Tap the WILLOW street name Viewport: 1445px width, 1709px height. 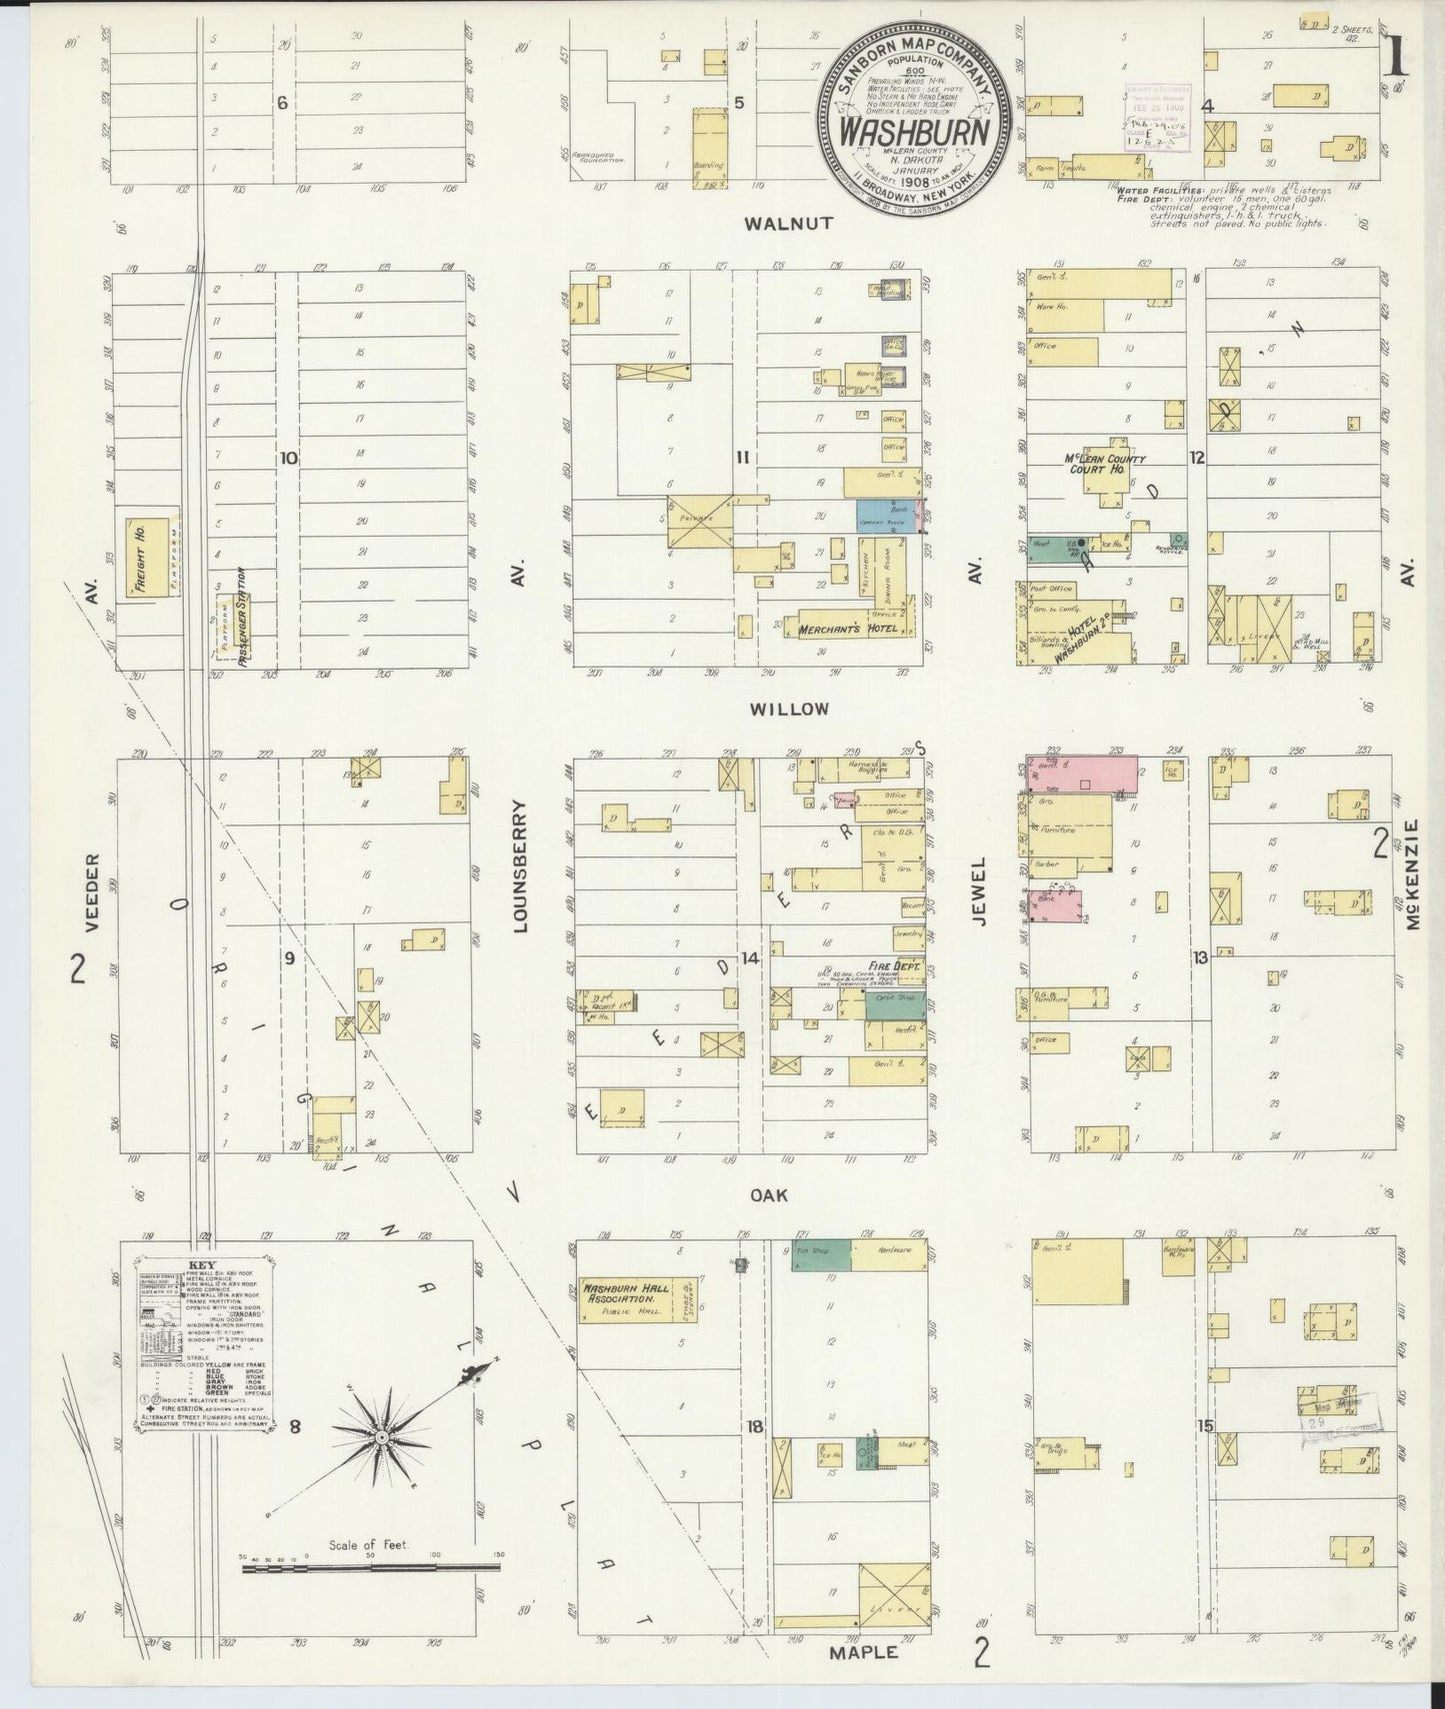[789, 709]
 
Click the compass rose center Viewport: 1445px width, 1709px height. [381, 1436]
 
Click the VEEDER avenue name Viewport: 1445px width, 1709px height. [93, 892]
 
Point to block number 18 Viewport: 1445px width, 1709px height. [755, 1426]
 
